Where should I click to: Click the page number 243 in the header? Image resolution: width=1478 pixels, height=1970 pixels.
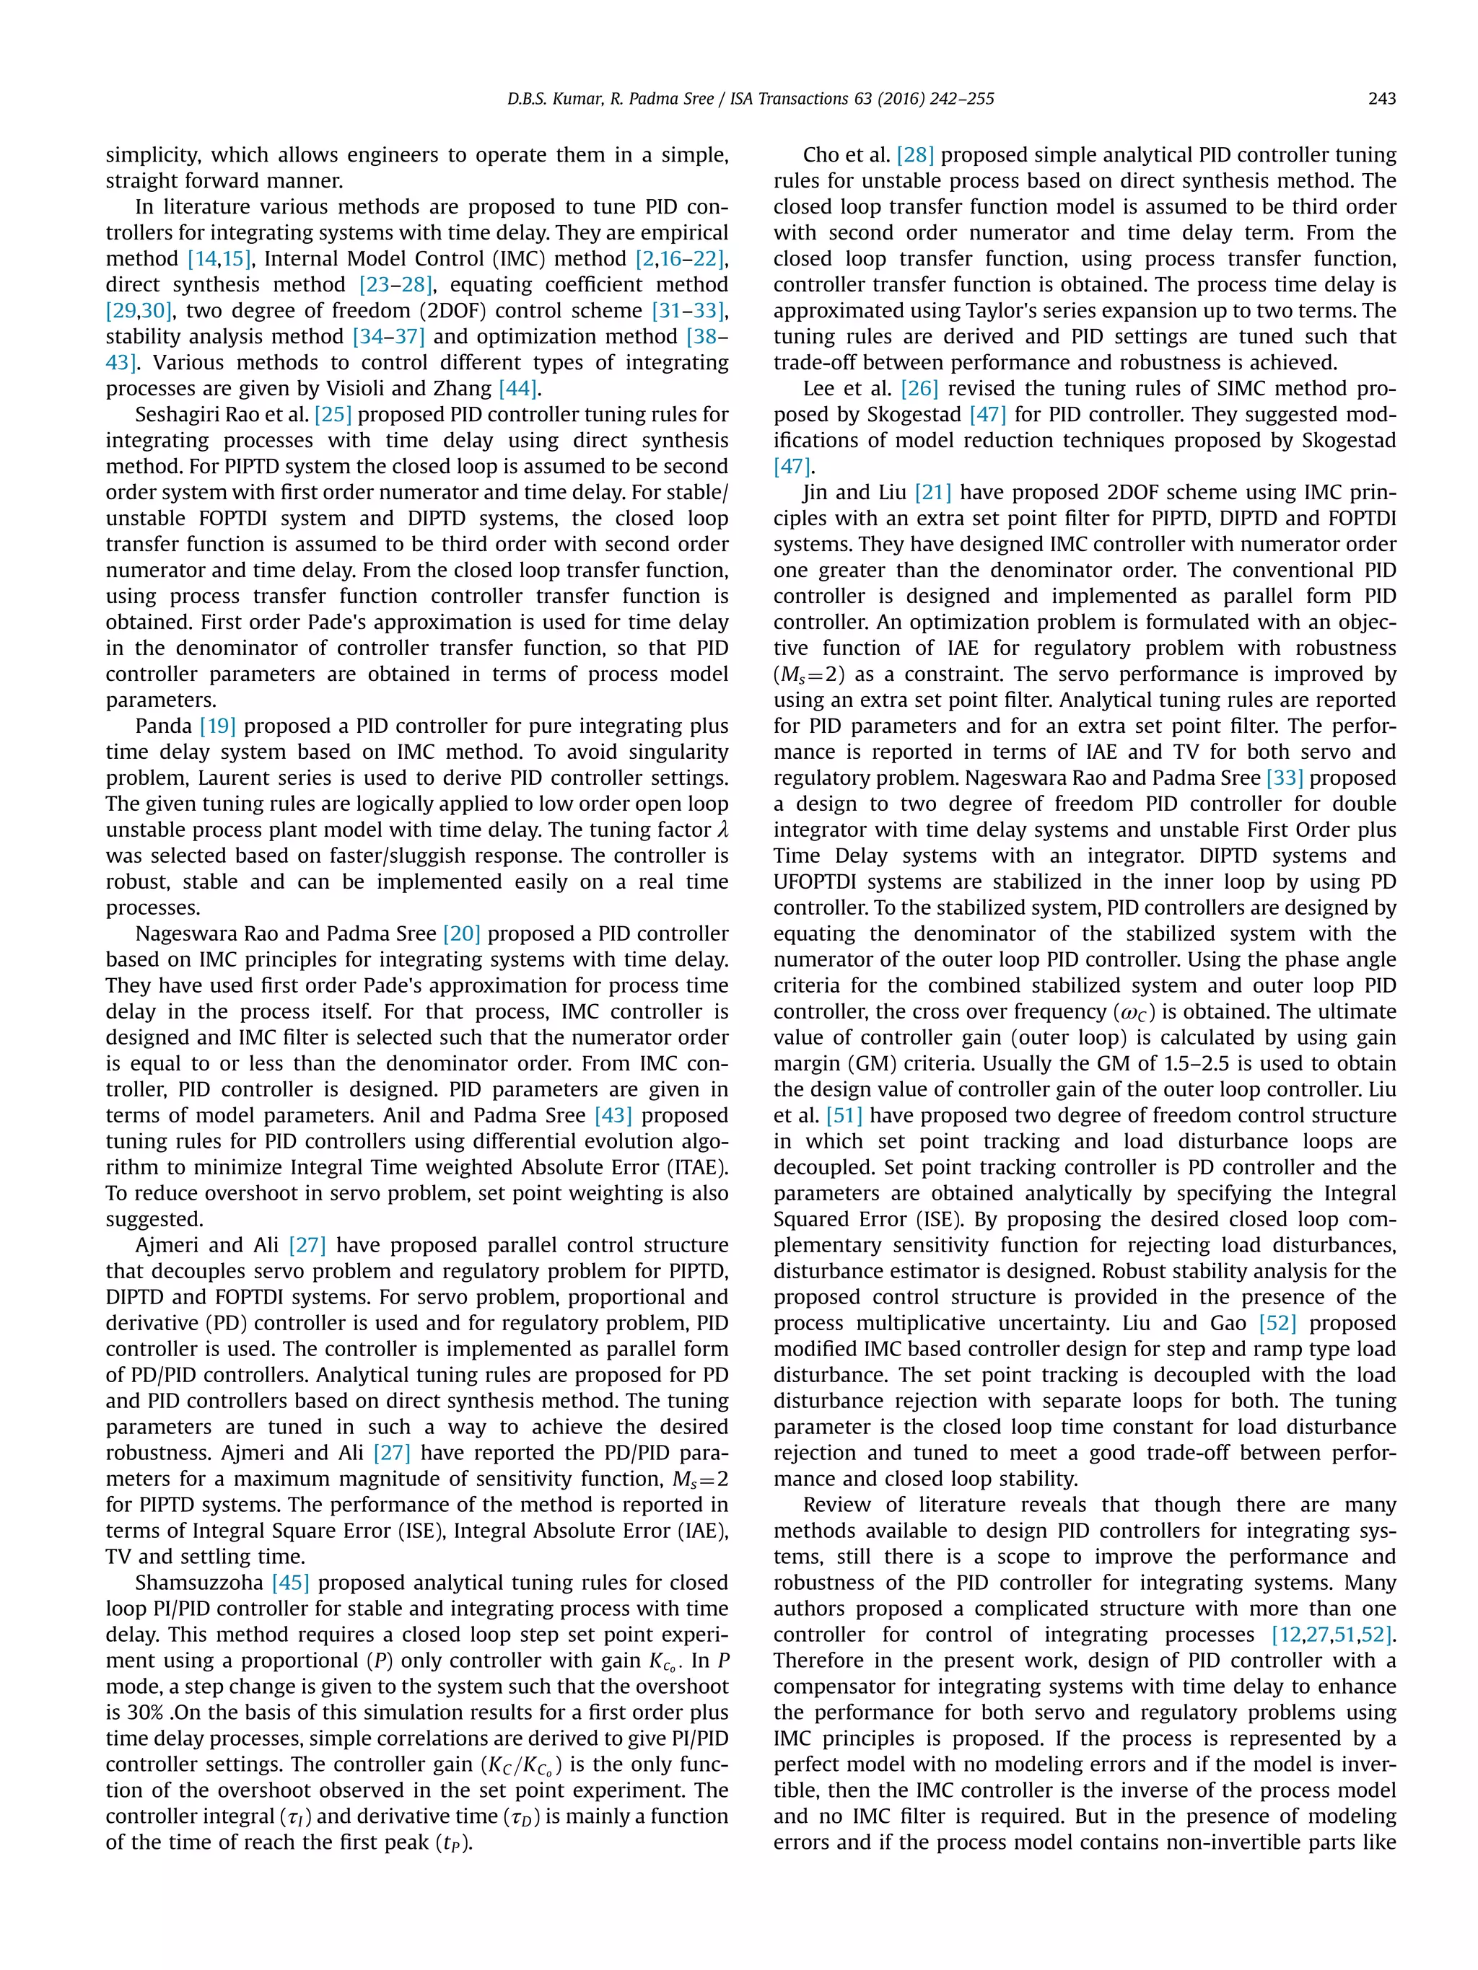click(1381, 99)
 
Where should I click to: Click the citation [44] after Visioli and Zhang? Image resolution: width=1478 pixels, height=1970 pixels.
click(517, 388)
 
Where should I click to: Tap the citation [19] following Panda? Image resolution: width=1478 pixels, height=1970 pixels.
click(217, 726)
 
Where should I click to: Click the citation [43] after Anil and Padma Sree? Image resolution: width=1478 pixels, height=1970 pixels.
click(613, 1115)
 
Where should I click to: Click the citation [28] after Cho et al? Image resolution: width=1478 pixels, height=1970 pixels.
click(915, 155)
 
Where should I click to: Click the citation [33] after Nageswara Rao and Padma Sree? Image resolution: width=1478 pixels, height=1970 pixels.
click(1285, 778)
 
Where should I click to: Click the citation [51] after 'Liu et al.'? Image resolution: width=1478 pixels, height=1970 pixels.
click(844, 1115)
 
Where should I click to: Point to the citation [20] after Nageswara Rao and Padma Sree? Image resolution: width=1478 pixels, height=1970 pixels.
click(461, 933)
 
